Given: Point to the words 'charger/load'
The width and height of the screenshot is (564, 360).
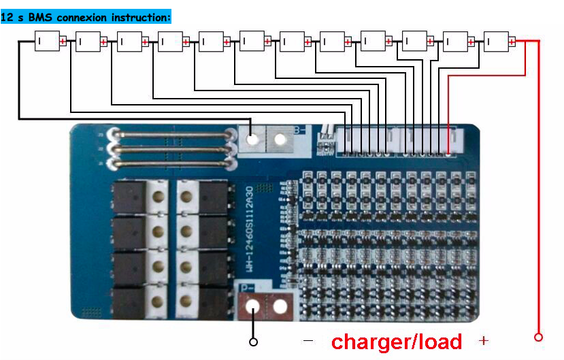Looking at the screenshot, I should click(x=396, y=342).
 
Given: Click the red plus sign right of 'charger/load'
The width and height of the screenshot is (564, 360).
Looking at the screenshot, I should click(x=484, y=340).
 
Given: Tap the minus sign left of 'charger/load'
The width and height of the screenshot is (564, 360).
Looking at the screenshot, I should click(x=308, y=340).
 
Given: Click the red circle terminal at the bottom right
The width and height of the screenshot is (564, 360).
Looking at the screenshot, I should click(x=538, y=337).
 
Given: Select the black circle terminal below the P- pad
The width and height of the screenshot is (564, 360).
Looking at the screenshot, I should click(x=254, y=342).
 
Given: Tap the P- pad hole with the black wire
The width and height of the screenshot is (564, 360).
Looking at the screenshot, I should click(x=254, y=308).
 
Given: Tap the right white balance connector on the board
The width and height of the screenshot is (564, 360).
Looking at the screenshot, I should click(x=429, y=142).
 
